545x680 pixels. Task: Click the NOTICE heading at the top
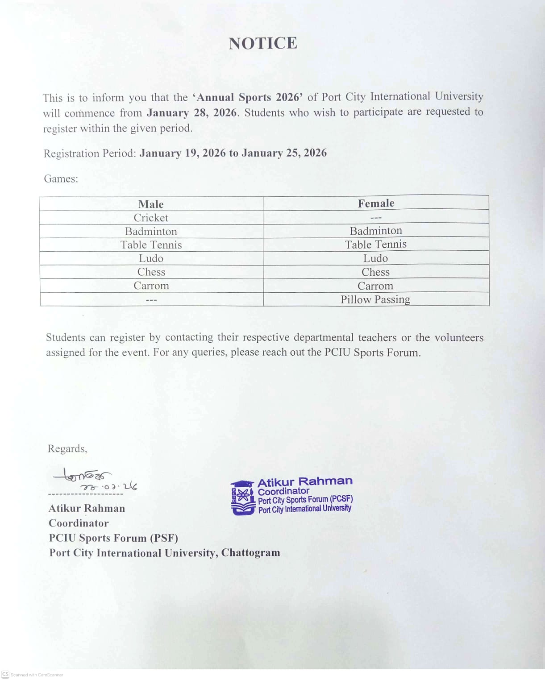click(263, 43)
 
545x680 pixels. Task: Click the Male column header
click(151, 204)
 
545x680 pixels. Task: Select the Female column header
click(376, 203)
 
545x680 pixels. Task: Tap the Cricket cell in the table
click(151, 218)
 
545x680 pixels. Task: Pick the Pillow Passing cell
click(375, 299)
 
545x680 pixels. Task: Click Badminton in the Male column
click(151, 231)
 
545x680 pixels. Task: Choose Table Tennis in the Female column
click(376, 245)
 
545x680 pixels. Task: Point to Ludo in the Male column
click(151, 258)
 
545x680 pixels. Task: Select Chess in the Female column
click(375, 272)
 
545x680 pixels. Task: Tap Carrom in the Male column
click(151, 286)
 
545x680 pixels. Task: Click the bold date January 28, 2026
click(192, 112)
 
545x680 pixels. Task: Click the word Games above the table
click(61, 179)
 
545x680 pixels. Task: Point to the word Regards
click(67, 448)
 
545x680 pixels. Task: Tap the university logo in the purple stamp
click(242, 498)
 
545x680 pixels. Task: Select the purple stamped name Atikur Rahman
click(305, 481)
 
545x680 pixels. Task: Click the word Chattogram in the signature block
click(251, 553)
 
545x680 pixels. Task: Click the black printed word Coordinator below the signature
click(79, 523)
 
